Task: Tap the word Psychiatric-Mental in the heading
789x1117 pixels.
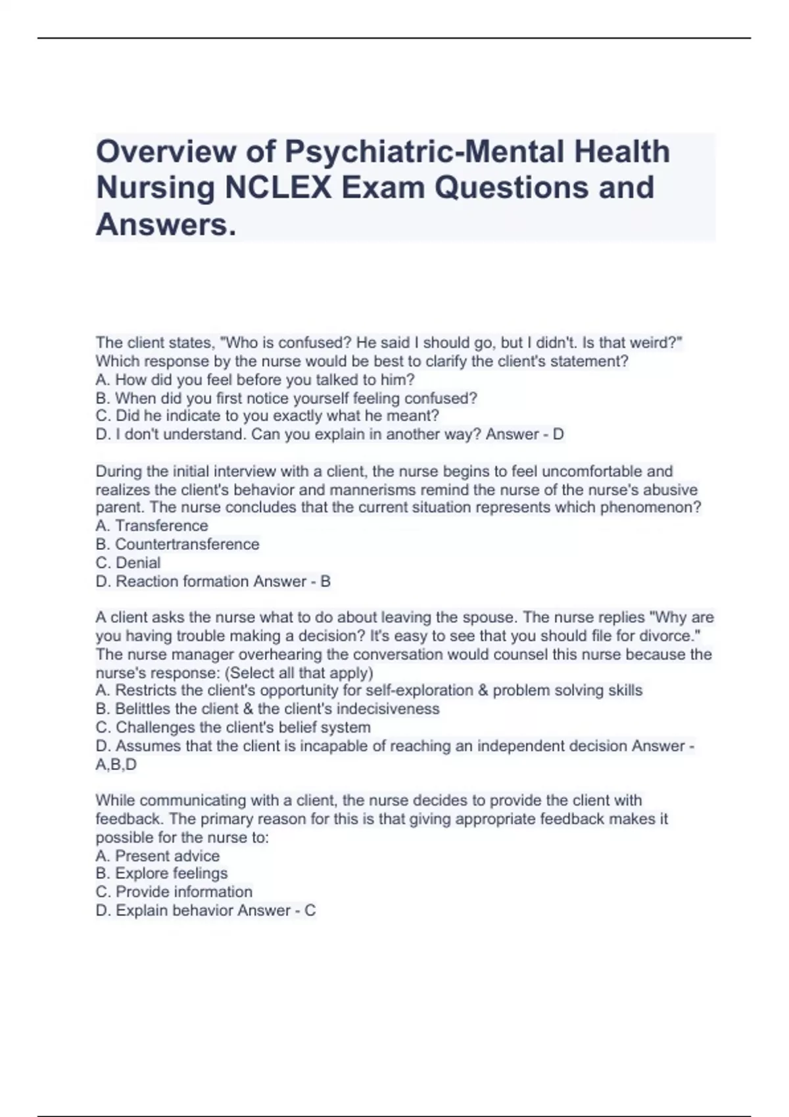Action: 425,152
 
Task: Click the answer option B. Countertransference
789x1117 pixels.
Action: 178,544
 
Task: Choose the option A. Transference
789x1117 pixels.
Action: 152,526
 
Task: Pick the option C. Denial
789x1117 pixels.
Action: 128,562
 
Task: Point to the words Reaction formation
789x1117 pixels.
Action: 183,581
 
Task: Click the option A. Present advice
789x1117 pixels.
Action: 158,855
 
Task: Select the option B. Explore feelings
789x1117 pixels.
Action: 162,873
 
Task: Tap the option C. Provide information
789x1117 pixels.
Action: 174,892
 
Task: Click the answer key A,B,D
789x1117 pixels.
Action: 116,764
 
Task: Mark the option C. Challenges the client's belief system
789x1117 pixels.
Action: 233,727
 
